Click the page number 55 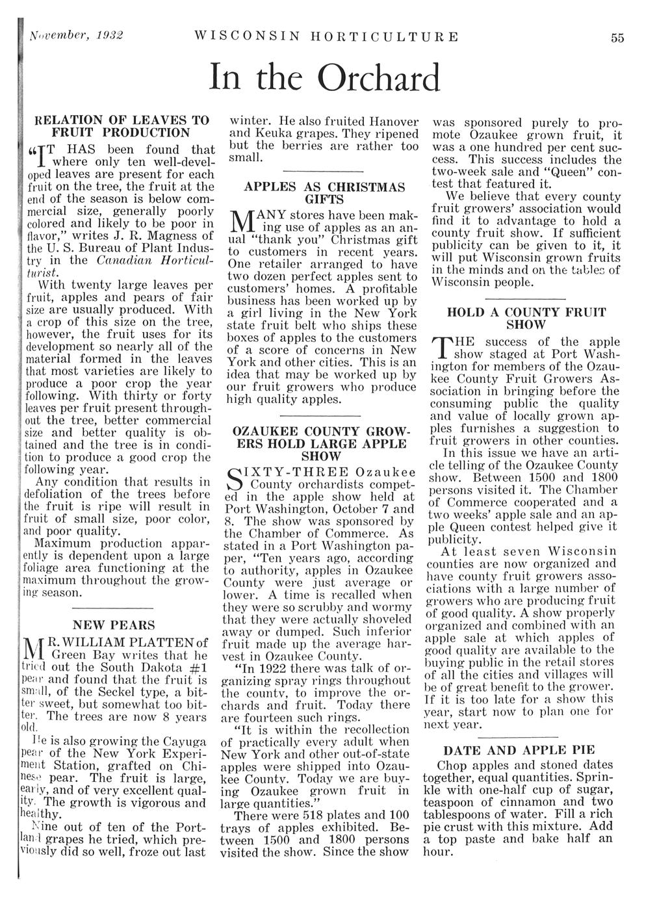[x=617, y=38]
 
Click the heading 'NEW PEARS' [x=114, y=625]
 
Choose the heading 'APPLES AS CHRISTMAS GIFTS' [x=324, y=192]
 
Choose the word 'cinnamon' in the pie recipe [x=526, y=802]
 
